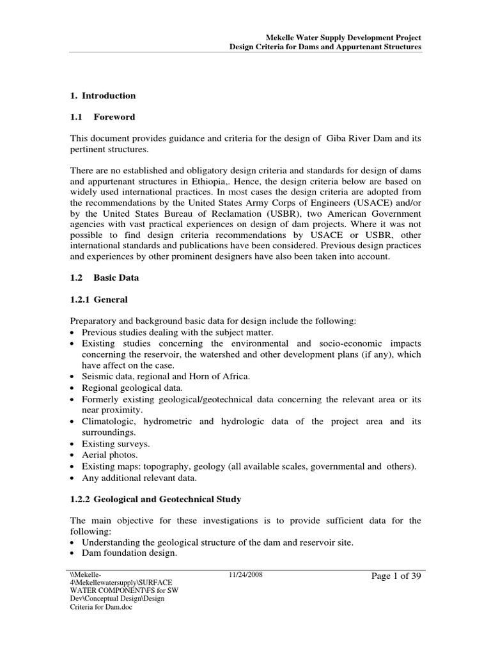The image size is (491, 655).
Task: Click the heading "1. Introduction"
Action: [102, 96]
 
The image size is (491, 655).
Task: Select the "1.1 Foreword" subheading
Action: [102, 117]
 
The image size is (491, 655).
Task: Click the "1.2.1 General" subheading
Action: [98, 299]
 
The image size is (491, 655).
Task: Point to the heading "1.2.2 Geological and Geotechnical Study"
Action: [155, 499]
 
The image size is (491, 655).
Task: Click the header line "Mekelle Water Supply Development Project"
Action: [343, 38]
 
